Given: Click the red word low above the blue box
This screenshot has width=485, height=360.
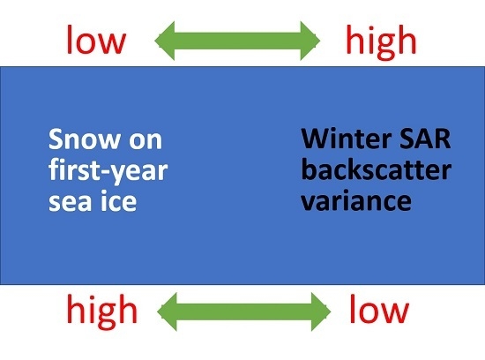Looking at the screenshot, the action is click(96, 40).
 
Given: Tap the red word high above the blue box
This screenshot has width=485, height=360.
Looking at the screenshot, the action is click(381, 42).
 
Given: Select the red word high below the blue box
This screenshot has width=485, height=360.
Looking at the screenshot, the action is click(101, 311).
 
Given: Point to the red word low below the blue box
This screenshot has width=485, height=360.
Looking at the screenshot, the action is click(379, 309).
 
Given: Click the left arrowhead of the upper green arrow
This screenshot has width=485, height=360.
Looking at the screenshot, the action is click(165, 41).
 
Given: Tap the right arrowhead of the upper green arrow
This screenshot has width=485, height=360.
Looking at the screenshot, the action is click(310, 41).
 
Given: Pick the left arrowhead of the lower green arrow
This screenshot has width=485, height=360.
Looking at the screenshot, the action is click(167, 311).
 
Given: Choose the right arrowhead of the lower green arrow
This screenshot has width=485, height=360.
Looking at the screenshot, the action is click(321, 311).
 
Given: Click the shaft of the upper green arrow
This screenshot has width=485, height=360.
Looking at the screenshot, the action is click(237, 41).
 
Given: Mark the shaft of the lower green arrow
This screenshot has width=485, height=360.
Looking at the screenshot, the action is click(244, 311).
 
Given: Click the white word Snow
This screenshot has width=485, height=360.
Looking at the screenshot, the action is click(85, 139).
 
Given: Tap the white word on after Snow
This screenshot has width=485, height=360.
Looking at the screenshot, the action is click(145, 141).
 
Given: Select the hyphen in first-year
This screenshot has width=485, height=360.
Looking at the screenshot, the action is click(106, 172).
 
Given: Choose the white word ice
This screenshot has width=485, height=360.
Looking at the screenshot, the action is click(119, 200).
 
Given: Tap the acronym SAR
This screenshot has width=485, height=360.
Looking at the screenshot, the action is click(425, 139).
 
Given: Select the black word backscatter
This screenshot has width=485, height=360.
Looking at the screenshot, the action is click(377, 169).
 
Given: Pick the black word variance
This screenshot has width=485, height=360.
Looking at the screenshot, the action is click(356, 200).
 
